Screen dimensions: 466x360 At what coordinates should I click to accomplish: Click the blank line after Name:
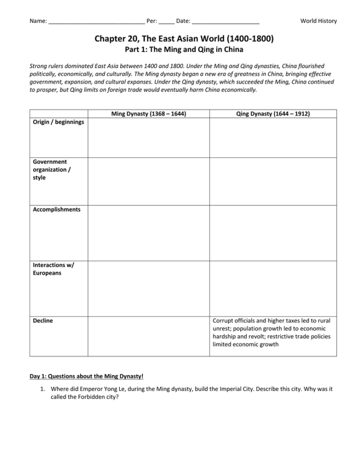[96, 21]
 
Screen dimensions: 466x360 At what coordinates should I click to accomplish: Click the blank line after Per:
[167, 21]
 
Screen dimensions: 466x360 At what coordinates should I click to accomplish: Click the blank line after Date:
[225, 21]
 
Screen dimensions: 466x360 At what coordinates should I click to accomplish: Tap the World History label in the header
[318, 21]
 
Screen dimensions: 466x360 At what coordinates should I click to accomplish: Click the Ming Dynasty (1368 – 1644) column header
[148, 114]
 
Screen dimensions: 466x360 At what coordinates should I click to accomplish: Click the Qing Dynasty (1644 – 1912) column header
[273, 114]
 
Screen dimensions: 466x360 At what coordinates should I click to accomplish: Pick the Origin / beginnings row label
[58, 122]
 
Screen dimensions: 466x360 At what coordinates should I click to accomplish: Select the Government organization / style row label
[51, 170]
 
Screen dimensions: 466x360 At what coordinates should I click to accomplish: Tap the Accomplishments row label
[56, 210]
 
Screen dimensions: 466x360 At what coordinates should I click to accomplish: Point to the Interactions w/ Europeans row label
[53, 269]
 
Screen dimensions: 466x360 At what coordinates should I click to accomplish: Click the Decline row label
[43, 321]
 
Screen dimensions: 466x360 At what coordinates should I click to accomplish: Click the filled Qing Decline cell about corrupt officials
[271, 332]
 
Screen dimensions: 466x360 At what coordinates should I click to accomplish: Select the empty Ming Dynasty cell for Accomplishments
[148, 233]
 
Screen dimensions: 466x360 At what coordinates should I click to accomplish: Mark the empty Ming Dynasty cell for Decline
[148, 336]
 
